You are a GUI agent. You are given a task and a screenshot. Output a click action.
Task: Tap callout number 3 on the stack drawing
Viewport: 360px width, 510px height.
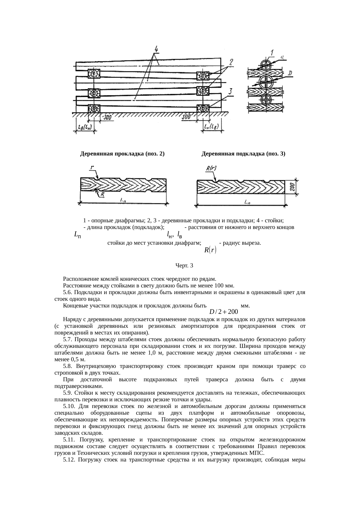pyautogui.click(x=230, y=92)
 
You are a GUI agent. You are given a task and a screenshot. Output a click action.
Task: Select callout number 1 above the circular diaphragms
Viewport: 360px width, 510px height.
pyautogui.click(x=272, y=53)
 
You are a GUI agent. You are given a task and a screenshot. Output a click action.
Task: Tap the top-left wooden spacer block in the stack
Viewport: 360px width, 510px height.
pyautogui.click(x=94, y=74)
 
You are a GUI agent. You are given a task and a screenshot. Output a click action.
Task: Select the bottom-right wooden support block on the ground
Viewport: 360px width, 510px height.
pyautogui.click(x=203, y=109)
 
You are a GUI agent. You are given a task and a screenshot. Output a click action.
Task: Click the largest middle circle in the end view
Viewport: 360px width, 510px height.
pyautogui.click(x=267, y=83)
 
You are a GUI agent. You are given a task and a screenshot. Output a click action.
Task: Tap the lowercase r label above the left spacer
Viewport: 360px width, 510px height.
pyautogui.click(x=92, y=168)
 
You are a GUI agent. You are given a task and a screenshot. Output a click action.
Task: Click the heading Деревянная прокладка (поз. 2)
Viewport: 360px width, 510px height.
pyautogui.click(x=122, y=154)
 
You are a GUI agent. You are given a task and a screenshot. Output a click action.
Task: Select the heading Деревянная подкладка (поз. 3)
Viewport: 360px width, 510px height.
pyautogui.click(x=243, y=154)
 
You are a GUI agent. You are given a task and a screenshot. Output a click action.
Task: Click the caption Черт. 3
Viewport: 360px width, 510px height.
pyautogui.click(x=184, y=265)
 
